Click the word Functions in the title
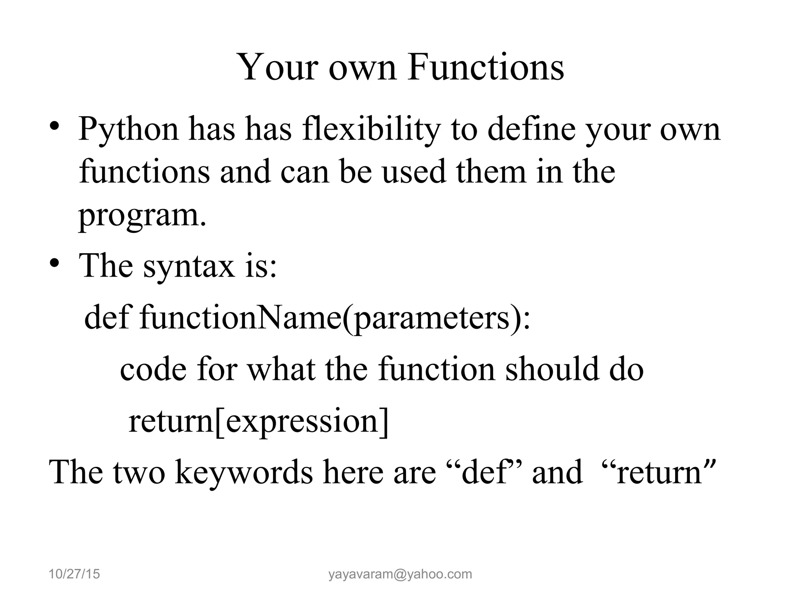pos(485,67)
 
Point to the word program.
pos(142,216)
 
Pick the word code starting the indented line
pos(153,369)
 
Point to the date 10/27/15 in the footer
pos(74,574)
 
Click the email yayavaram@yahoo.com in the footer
pos(400,574)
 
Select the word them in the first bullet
pos(491,172)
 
